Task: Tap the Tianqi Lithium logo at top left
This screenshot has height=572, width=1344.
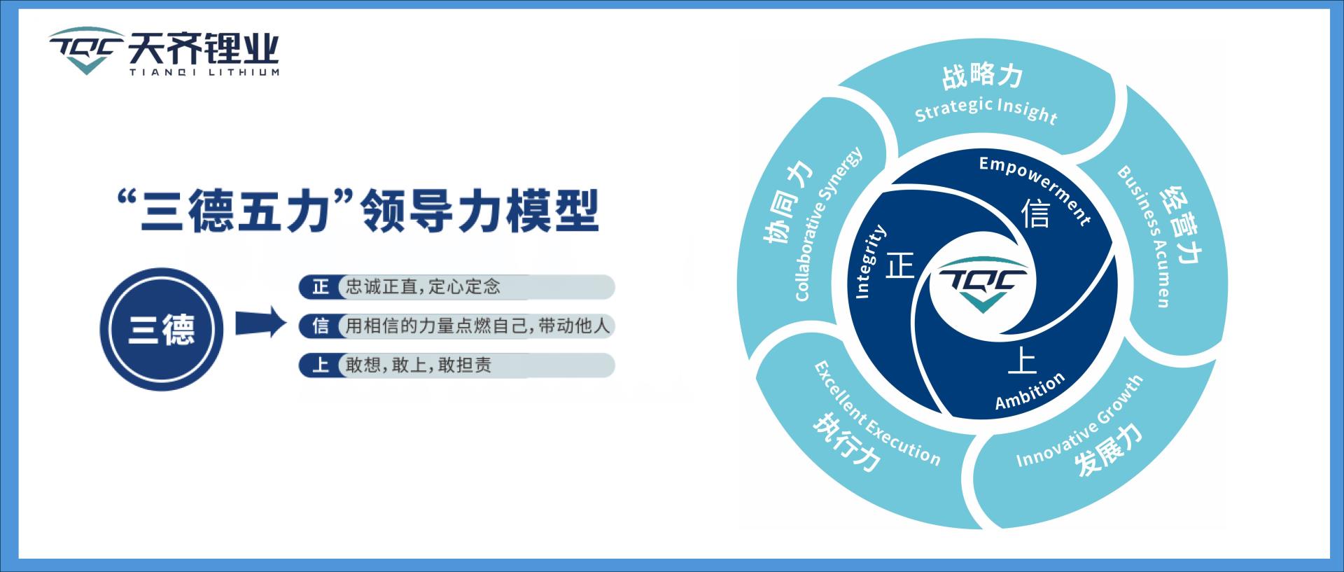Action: click(164, 52)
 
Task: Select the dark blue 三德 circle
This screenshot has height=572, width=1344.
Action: click(161, 329)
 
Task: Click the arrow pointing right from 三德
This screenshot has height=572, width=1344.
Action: click(260, 324)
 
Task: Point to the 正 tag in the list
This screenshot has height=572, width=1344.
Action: click(321, 287)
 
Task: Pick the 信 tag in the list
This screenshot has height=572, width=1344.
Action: click(321, 326)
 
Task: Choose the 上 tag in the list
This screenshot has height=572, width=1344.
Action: click(321, 365)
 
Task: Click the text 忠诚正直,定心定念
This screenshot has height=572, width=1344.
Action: click(423, 287)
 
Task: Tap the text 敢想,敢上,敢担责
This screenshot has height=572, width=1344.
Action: click(418, 365)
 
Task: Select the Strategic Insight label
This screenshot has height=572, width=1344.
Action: click(986, 111)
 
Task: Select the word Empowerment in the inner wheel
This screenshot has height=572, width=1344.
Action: click(1035, 188)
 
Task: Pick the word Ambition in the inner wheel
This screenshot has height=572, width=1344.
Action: click(1030, 391)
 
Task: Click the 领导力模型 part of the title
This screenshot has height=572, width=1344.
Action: click(479, 210)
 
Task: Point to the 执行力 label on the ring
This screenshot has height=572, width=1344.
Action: click(846, 444)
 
